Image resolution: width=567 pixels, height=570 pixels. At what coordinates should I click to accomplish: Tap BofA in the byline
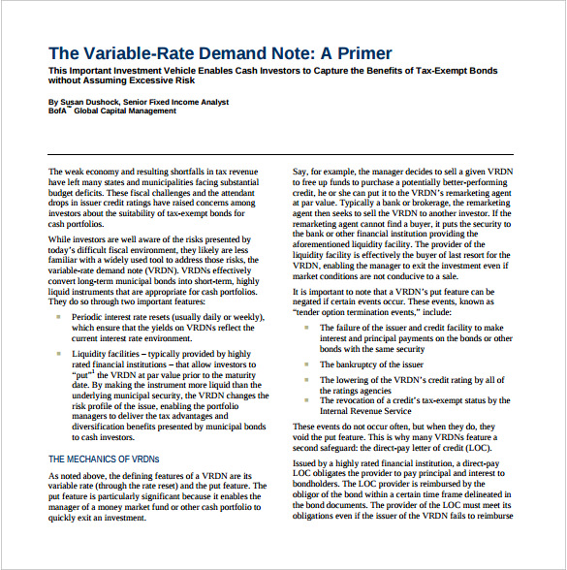pos(58,111)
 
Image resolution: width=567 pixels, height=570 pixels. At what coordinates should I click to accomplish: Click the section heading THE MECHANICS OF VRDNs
pos(103,459)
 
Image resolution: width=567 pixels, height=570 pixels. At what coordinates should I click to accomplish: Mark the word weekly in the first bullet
pos(242,316)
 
